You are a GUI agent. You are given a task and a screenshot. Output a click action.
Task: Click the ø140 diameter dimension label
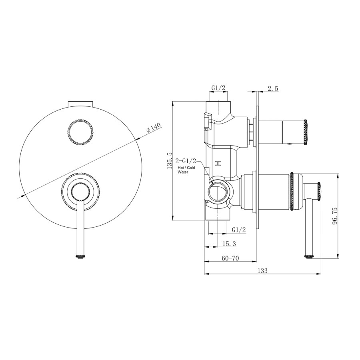point(154,128)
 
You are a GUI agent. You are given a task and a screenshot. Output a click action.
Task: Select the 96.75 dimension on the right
point(335,216)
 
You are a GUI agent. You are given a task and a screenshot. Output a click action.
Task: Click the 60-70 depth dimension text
point(230,258)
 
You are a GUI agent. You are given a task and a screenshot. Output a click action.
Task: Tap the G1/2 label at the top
point(218,88)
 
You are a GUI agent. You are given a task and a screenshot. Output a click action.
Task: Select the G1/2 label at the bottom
point(239,229)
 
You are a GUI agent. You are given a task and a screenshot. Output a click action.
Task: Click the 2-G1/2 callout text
point(186,162)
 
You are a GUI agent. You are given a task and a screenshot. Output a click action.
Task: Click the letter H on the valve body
point(218,164)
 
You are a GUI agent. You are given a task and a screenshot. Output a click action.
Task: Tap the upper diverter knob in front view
point(82,132)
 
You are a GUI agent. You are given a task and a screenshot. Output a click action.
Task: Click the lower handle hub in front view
point(81,192)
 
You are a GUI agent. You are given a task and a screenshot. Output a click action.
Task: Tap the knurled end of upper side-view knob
point(306,131)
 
